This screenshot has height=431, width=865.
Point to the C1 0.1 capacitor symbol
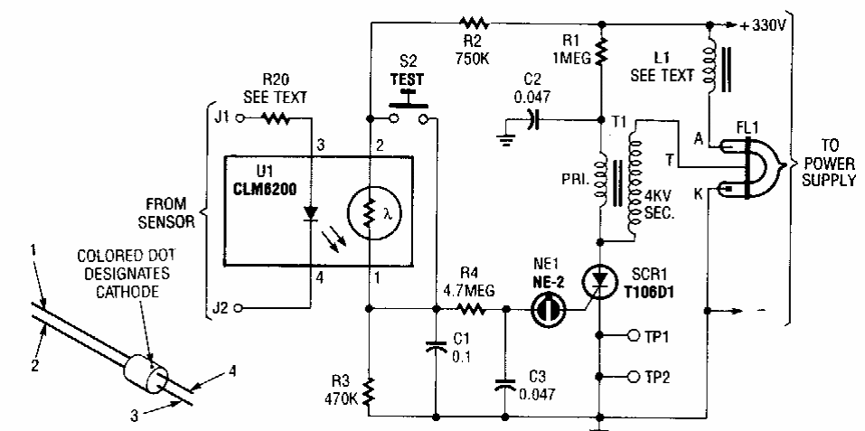tap(437, 346)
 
